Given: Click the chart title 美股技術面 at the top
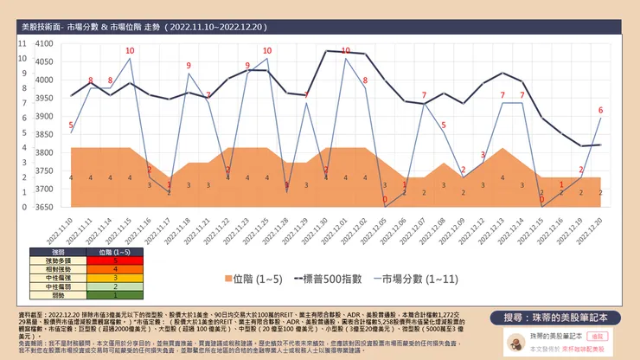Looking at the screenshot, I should [x=52, y=28].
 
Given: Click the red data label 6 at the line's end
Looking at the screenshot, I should [x=600, y=110].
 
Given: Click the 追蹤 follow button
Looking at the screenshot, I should [x=600, y=333].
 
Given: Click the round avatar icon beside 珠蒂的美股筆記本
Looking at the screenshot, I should [x=514, y=340].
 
